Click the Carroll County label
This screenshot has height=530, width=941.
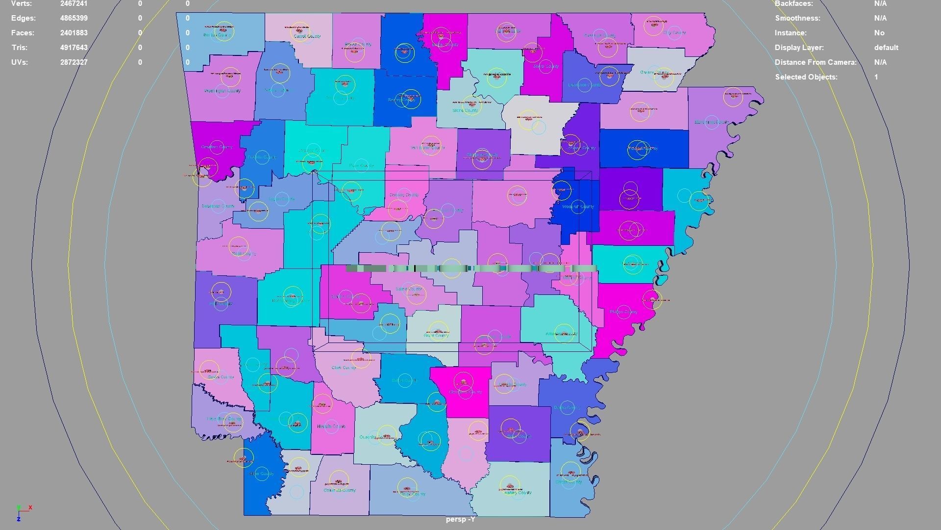[x=307, y=36]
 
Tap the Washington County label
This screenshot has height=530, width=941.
[x=222, y=91]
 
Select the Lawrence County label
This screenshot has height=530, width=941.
[x=584, y=85]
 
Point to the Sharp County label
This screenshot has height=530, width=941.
[x=545, y=66]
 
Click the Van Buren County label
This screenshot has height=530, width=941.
[x=427, y=147]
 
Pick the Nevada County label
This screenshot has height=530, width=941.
[x=331, y=426]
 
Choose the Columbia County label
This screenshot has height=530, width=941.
[x=339, y=490]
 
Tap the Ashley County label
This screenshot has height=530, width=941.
[x=518, y=493]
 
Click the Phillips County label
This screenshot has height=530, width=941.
[x=623, y=312]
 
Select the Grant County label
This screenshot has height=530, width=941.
[x=436, y=336]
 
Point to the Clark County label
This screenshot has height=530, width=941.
[x=344, y=368]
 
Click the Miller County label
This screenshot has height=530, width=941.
[x=261, y=474]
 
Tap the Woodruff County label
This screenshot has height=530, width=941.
[x=578, y=207]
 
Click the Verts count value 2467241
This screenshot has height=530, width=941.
[x=74, y=3]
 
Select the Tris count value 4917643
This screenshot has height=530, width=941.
[x=74, y=48]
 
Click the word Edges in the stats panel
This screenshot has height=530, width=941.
[x=23, y=18]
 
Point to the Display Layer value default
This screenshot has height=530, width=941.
[x=886, y=48]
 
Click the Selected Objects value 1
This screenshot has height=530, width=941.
[x=876, y=77]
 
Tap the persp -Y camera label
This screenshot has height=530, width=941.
[x=460, y=519]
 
